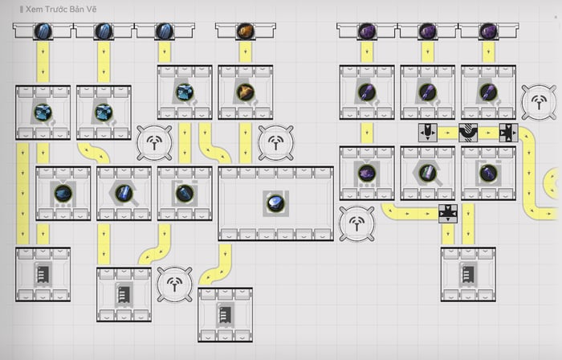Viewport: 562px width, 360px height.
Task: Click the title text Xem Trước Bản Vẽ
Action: [x=61, y=10]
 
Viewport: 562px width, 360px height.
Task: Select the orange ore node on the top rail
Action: [x=246, y=31]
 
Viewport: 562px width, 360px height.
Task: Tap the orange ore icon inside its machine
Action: [x=246, y=92]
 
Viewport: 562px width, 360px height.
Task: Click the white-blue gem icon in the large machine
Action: [x=275, y=203]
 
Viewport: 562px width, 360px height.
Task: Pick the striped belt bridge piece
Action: [x=468, y=133]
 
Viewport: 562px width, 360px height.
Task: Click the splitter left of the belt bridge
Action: [x=428, y=133]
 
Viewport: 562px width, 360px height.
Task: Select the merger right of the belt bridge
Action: [x=508, y=133]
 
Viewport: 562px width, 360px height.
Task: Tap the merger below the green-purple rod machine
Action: [x=448, y=214]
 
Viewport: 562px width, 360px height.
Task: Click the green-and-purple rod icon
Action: [x=428, y=174]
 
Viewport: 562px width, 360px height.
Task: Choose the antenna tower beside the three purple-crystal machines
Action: [x=539, y=103]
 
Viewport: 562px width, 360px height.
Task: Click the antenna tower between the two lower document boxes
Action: [x=174, y=284]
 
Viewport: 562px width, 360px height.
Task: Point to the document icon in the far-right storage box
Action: [x=468, y=274]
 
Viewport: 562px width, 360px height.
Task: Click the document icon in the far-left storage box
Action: [x=43, y=274]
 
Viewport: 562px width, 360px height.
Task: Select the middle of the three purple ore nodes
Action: [x=428, y=31]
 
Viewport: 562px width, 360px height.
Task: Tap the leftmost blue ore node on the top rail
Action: [x=43, y=31]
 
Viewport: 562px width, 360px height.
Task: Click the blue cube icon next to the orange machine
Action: [x=185, y=92]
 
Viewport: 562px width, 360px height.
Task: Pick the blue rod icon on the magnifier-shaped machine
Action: [x=124, y=194]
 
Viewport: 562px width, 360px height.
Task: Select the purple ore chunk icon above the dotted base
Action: [x=367, y=174]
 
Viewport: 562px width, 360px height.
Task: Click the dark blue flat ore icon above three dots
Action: [x=63, y=194]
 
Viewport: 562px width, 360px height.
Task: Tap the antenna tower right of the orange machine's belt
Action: [x=275, y=143]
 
